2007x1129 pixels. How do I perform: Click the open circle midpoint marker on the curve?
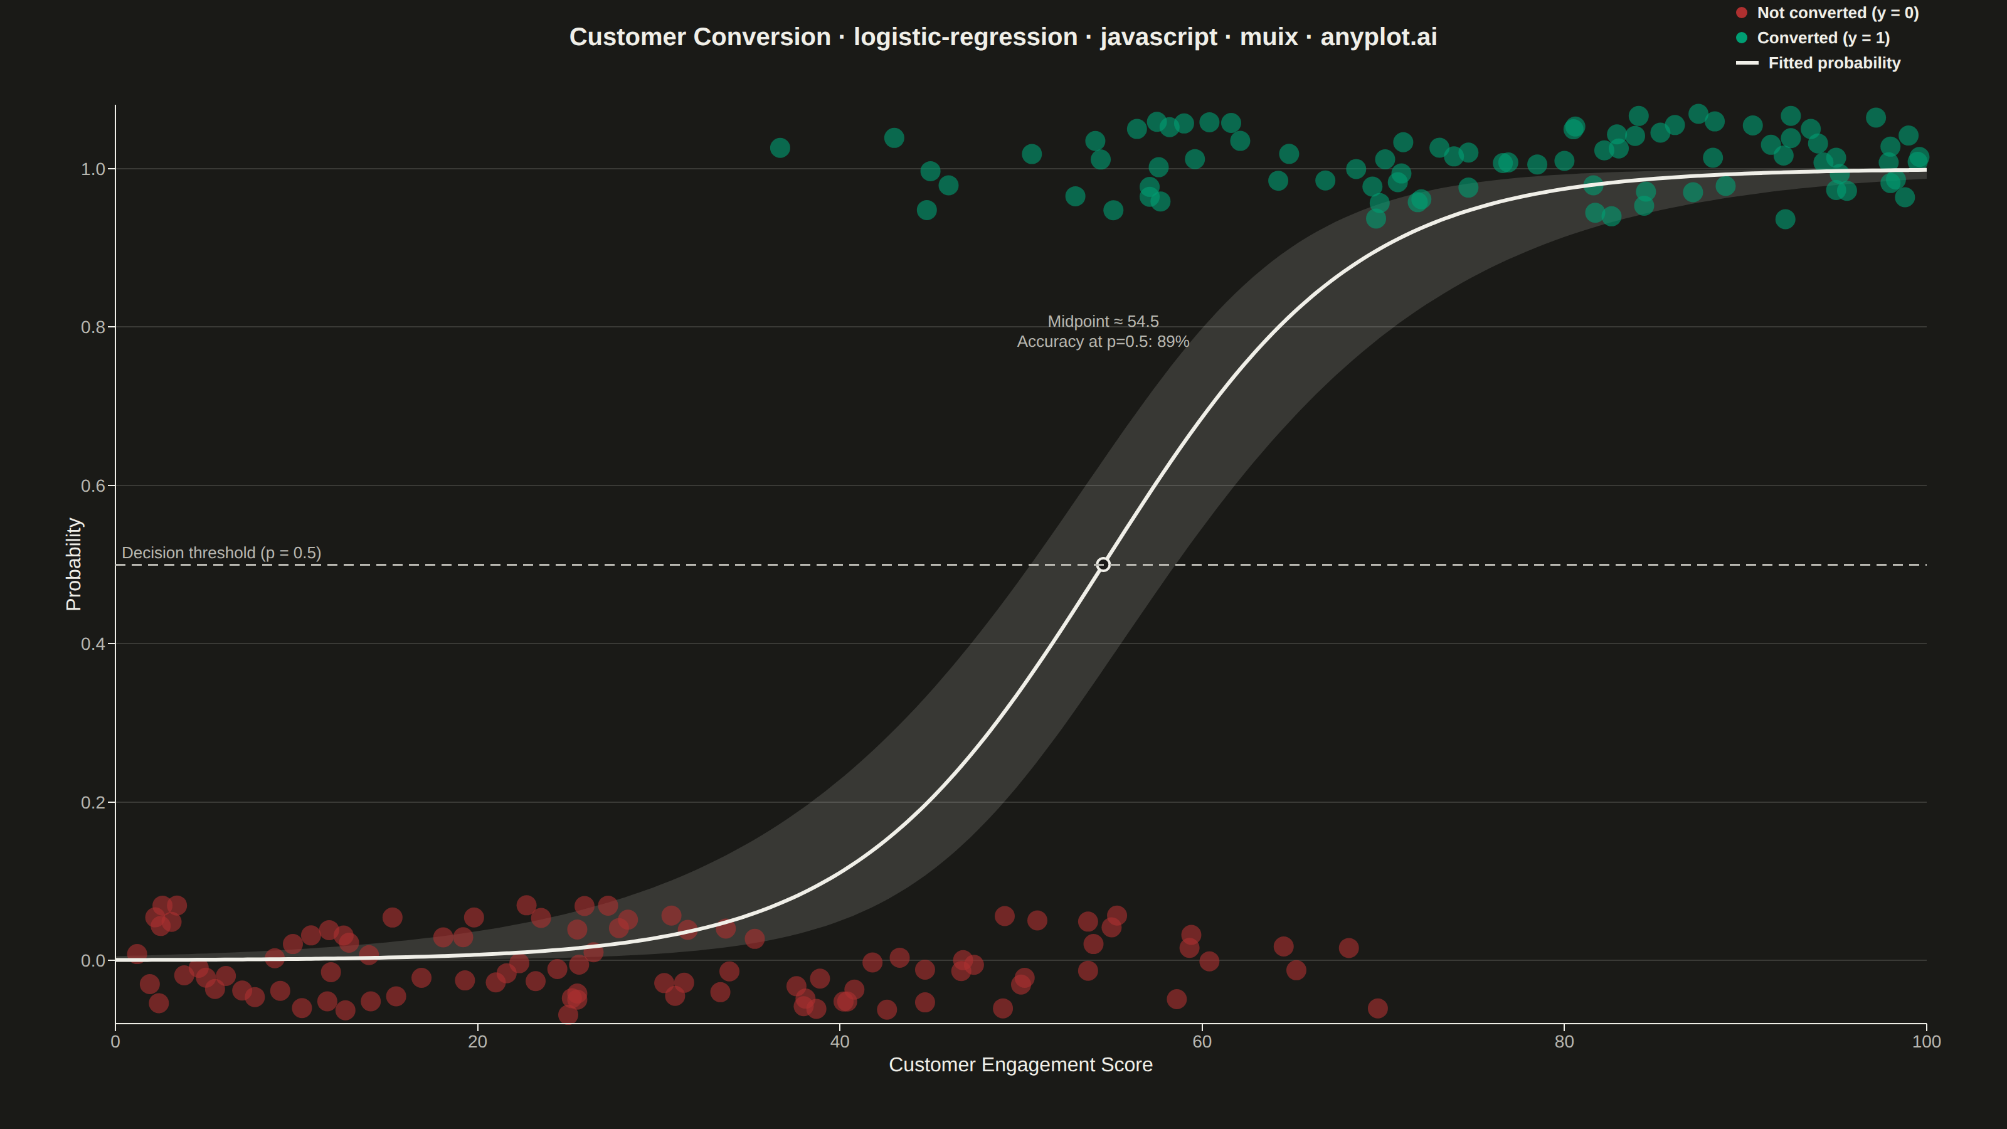tap(1103, 564)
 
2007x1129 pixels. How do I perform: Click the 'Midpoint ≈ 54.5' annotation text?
tap(1103, 321)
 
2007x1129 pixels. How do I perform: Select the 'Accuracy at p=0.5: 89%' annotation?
tap(1103, 341)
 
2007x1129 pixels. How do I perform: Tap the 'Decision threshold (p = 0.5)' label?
tap(221, 553)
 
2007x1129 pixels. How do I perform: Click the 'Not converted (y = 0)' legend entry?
tap(1827, 13)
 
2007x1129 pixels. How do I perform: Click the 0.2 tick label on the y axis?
tap(93, 803)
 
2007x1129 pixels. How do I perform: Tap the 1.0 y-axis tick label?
tap(93, 169)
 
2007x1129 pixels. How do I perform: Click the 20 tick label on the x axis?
tap(477, 1042)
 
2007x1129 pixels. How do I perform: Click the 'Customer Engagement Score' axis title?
tap(1020, 1064)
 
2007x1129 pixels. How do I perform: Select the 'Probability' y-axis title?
tap(73, 564)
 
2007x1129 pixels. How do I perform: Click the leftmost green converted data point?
tap(780, 148)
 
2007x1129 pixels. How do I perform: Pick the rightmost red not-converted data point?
tap(1377, 1008)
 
